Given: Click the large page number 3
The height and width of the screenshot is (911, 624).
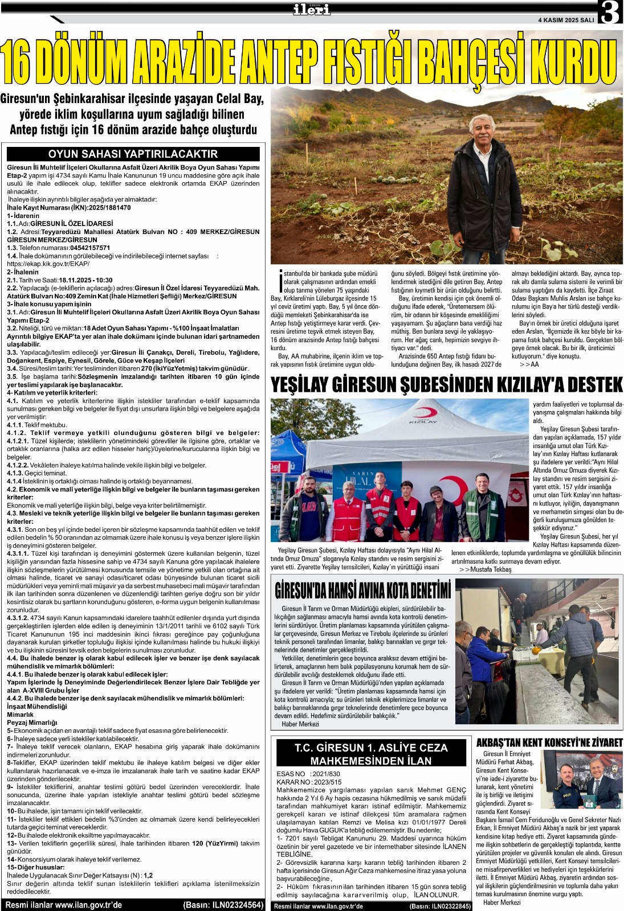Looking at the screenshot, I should click(609, 13).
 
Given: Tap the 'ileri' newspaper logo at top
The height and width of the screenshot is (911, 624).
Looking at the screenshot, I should click(311, 9).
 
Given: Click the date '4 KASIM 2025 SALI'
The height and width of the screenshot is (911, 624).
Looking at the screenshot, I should click(565, 20).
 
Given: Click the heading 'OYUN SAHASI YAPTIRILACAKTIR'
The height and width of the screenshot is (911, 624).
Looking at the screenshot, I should click(133, 154).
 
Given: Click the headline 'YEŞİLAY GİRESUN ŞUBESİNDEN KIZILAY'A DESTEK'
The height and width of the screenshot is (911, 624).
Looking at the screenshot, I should click(447, 385).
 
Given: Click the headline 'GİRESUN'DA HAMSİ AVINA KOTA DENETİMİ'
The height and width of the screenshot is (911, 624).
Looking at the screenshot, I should click(362, 590).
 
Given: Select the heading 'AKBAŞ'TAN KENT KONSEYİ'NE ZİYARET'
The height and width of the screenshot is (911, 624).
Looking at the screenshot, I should click(549, 742).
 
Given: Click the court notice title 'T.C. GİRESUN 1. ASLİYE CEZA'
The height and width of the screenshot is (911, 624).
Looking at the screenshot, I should click(371, 748).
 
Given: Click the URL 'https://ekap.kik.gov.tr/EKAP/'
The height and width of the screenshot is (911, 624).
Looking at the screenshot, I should click(48, 264).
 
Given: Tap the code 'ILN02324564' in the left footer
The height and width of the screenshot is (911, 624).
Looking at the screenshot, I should click(236, 905).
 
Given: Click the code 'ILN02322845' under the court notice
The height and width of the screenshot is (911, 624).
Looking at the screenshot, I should click(451, 906).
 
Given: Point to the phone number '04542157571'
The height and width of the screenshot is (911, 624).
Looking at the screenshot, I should click(90, 248).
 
